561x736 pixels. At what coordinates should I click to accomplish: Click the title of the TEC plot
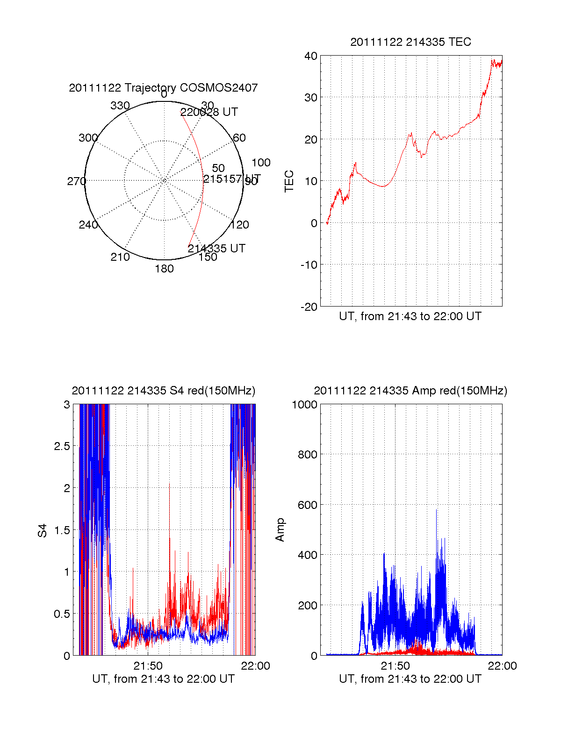(x=410, y=42)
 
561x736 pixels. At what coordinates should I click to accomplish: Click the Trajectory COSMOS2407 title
(x=163, y=88)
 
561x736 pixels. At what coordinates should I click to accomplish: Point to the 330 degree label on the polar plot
(x=120, y=106)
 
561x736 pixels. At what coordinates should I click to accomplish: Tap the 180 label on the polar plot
(x=164, y=269)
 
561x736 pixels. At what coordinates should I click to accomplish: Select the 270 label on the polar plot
(x=76, y=181)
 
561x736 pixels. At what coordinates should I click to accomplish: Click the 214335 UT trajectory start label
(x=216, y=249)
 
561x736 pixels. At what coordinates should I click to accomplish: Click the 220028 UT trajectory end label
(x=209, y=112)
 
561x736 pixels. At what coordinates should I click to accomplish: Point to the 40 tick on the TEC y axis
(x=311, y=57)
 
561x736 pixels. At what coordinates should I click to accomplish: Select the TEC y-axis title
(x=289, y=181)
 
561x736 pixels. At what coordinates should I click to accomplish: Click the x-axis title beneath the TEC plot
(x=410, y=316)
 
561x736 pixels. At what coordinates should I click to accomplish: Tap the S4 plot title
(x=163, y=391)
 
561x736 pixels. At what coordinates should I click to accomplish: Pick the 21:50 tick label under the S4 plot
(x=148, y=666)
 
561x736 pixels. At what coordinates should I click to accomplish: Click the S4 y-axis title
(x=43, y=530)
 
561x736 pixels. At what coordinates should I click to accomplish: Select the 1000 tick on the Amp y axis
(x=304, y=405)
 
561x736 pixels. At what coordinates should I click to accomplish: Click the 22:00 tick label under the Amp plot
(x=502, y=666)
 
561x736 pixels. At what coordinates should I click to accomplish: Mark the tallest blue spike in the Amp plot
(x=437, y=510)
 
